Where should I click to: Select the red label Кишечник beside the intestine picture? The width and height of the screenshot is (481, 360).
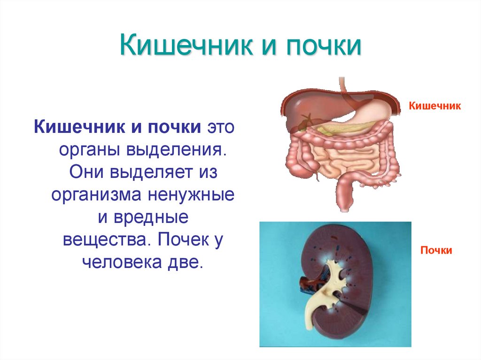click(435, 106)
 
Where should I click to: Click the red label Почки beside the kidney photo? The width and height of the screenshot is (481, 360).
click(436, 251)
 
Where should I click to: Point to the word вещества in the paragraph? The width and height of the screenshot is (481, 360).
click(103, 239)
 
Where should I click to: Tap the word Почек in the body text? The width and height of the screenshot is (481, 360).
click(181, 239)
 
